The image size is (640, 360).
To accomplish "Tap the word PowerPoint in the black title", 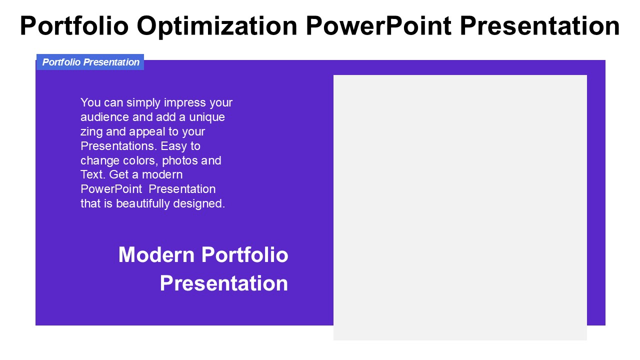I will [378, 26].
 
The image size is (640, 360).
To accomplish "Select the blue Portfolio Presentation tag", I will [90, 62].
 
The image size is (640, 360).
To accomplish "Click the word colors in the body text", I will [140, 161].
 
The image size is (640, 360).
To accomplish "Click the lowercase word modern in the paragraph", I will [162, 175].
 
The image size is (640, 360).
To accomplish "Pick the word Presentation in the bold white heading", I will [223, 283].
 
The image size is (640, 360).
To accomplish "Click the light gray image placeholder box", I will [460, 207].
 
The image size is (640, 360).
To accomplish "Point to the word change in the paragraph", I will [100, 161].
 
